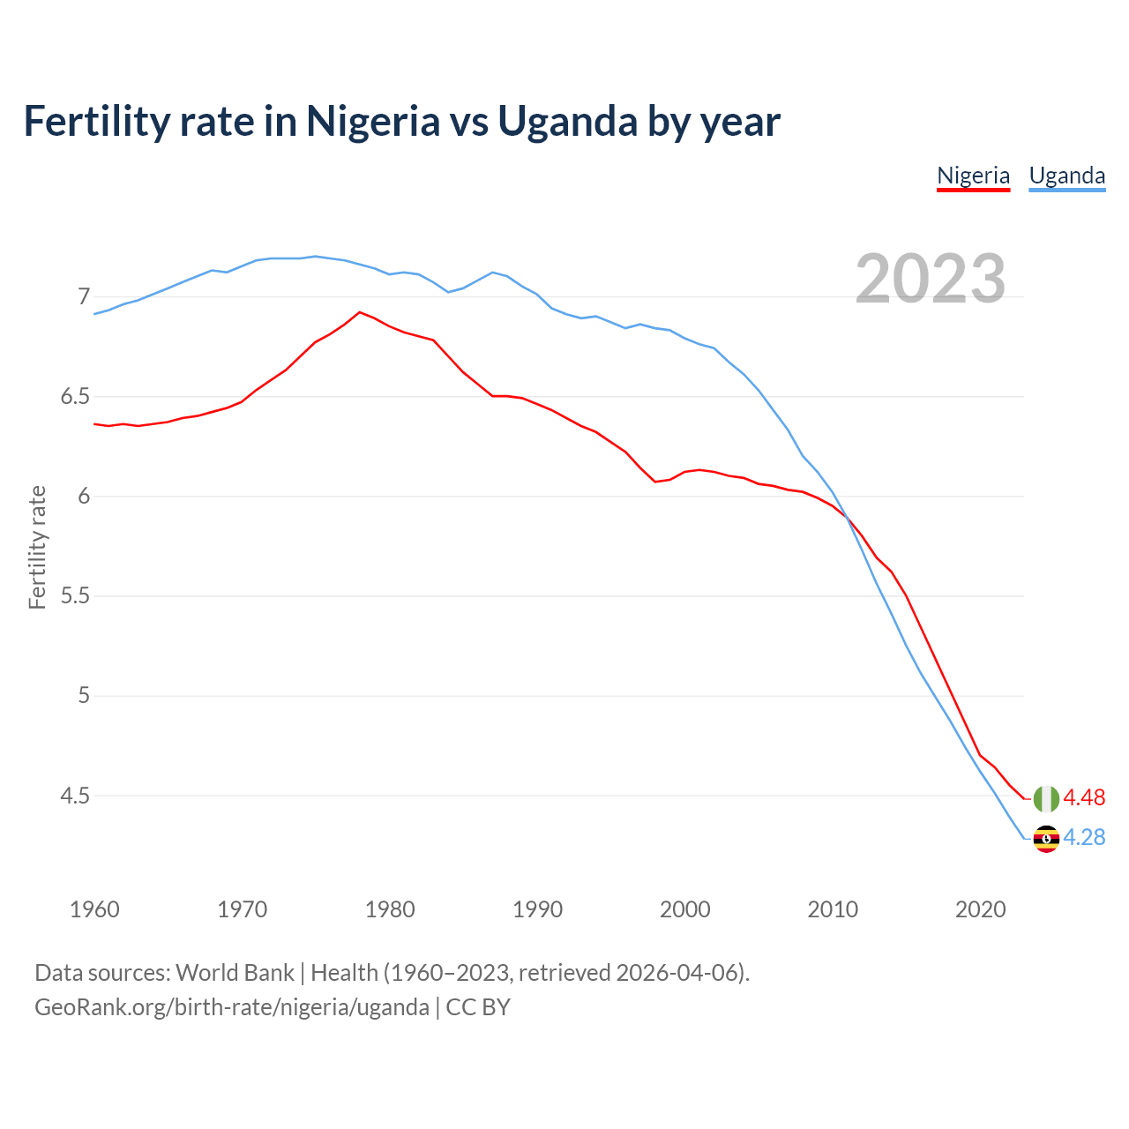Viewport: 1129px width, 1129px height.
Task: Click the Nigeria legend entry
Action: [973, 176]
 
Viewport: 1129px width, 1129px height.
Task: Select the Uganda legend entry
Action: [1067, 176]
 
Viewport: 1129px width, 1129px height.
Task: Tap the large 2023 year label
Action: [931, 279]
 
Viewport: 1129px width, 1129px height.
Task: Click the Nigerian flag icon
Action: [1046, 798]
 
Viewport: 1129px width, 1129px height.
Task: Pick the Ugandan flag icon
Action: [1046, 838]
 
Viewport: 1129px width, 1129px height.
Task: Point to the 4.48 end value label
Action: [1084, 798]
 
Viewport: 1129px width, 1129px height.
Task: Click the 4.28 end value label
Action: [1084, 838]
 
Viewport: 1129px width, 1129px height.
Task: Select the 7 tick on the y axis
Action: [84, 296]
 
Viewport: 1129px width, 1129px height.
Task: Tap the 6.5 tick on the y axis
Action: [75, 397]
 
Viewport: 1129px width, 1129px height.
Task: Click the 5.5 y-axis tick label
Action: [75, 596]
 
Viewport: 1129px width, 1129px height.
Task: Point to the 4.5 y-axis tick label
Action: [75, 796]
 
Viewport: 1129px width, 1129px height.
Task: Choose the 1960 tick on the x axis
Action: [94, 909]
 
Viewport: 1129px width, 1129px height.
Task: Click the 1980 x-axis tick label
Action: [390, 909]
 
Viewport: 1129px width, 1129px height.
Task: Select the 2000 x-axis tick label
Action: [685, 909]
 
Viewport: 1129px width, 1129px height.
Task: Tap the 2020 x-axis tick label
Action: [980, 909]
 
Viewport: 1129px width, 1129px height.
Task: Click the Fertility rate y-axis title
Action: [37, 547]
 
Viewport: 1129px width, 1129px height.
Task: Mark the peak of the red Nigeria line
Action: [359, 312]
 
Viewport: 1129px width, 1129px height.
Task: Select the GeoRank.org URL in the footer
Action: [231, 1007]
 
